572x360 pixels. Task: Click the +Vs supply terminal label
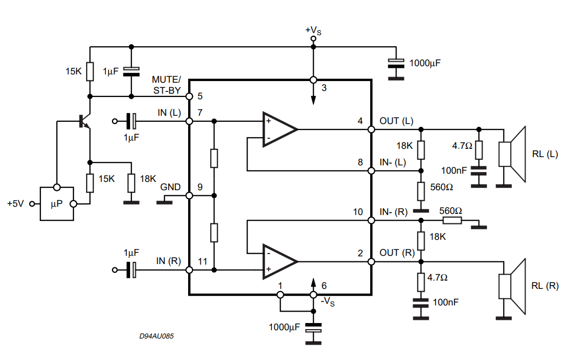click(x=313, y=31)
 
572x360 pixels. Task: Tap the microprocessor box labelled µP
click(x=57, y=204)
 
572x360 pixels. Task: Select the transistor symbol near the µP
click(x=84, y=121)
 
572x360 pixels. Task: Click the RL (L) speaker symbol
click(x=512, y=154)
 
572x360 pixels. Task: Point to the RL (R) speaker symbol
click(x=512, y=286)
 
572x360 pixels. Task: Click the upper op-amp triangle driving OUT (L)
click(x=280, y=129)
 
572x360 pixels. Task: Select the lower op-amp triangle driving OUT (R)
click(x=280, y=261)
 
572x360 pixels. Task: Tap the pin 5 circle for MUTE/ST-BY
click(x=189, y=96)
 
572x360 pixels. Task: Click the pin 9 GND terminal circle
click(x=189, y=196)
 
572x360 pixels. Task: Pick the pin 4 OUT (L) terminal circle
click(x=371, y=130)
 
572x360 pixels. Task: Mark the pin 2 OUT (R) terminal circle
click(x=371, y=261)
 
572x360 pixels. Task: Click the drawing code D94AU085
click(x=157, y=336)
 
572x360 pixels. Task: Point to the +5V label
click(x=15, y=203)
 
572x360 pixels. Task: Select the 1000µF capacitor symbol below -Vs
click(x=313, y=328)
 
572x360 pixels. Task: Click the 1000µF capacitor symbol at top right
click(x=396, y=63)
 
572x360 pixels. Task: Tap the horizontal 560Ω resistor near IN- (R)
click(x=452, y=221)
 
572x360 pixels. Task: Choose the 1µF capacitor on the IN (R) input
click(x=131, y=270)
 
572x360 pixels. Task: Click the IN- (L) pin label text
click(x=393, y=162)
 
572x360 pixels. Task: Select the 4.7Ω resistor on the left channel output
click(x=479, y=149)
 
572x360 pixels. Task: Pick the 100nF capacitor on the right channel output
click(x=421, y=303)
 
